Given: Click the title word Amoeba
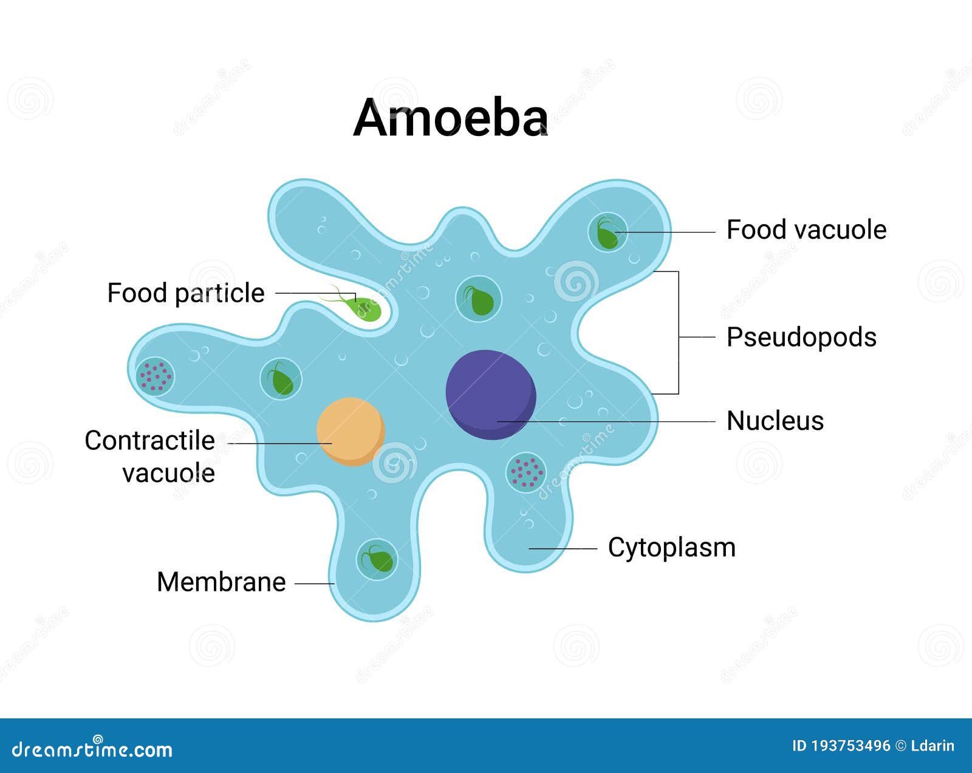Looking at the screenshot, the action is tap(450, 117).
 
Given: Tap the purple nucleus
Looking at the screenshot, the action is tap(491, 395).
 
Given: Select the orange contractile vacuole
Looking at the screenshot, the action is tap(351, 432).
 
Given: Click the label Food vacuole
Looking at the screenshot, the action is tap(806, 230).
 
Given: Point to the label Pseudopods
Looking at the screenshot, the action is tap(801, 337).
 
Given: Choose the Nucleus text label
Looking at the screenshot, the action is tap(775, 421).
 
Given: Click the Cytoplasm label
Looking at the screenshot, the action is tap(672, 548).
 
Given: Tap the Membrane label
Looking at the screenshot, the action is tap(221, 582).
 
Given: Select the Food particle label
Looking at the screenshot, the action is tap(186, 293).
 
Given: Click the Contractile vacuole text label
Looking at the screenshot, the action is tap(150, 457).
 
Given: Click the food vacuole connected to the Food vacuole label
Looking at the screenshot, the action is tap(607, 233).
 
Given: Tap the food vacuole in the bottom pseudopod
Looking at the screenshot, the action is tap(377, 559).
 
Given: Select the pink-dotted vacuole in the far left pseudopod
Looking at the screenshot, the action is tap(155, 376).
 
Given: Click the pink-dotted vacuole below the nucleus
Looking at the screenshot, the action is tap(526, 472).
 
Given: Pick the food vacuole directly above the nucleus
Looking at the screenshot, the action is tap(478, 299).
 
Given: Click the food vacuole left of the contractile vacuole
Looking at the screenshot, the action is tap(281, 379).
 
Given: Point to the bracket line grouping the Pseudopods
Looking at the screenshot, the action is tap(679, 333).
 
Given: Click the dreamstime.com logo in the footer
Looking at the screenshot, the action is tap(92, 749).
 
